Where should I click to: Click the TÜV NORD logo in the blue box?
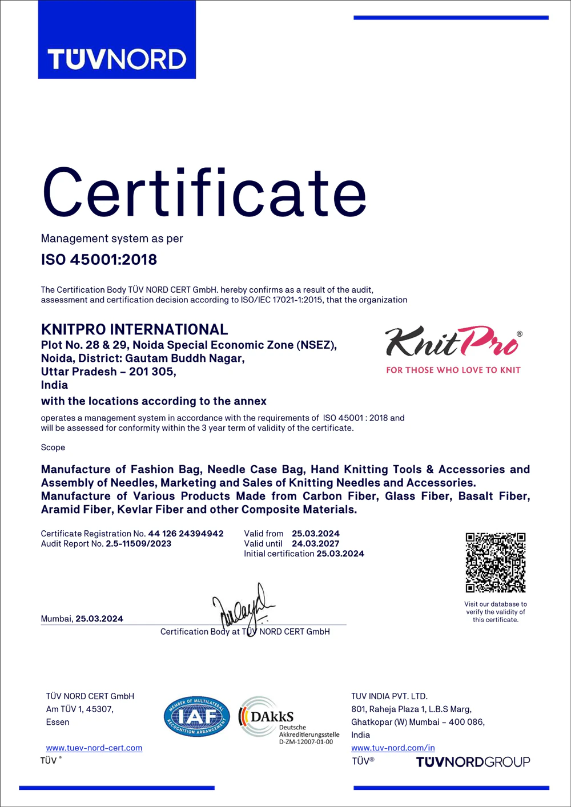point(116,59)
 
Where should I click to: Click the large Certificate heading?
point(204,193)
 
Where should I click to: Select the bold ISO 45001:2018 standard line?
point(99,260)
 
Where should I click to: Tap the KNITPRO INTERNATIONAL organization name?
point(134,329)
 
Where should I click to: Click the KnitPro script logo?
point(453,342)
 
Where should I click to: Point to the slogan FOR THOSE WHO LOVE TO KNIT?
point(453,370)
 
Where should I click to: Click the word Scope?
point(53,447)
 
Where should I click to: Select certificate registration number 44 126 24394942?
point(186,534)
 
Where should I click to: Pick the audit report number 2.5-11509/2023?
point(138,544)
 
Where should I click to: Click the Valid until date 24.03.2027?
point(315,544)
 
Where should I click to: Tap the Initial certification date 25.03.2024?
point(340,554)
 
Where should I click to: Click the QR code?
point(495,563)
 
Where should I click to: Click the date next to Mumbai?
point(99,619)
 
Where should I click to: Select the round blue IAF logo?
point(197,716)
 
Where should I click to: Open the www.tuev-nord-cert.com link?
point(94,748)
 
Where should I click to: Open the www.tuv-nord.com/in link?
point(393,748)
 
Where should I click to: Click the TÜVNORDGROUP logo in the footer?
point(473,762)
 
